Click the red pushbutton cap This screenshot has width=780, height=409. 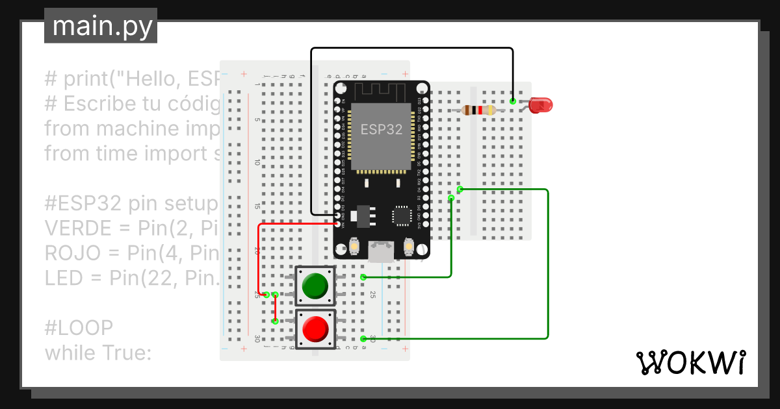[x=315, y=329]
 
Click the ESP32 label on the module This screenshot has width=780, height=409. [x=382, y=129]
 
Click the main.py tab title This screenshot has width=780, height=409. [x=101, y=27]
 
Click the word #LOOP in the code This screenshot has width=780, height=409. [x=79, y=327]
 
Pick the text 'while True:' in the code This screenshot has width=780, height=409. [x=97, y=353]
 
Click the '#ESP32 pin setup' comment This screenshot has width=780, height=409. [x=130, y=203]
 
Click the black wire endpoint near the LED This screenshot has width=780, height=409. [x=513, y=101]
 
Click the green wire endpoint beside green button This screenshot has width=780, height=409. [x=363, y=277]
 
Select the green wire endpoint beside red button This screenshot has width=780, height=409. [x=363, y=338]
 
